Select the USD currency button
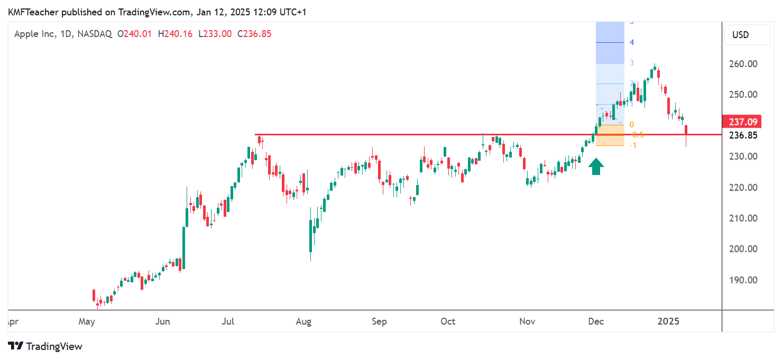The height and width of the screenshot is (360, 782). tap(740, 35)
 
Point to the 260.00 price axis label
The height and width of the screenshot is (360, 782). tap(743, 64)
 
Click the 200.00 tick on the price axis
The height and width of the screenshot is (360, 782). tap(743, 249)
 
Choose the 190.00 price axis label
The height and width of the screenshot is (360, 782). tap(743, 280)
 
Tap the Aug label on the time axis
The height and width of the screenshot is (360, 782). tap(303, 321)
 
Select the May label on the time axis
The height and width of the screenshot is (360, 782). tap(87, 321)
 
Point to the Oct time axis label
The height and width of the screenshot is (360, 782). tap(448, 321)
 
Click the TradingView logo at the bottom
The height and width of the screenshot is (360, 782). tap(45, 346)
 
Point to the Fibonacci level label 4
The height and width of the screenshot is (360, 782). tap(632, 42)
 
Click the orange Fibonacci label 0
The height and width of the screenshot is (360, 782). tap(631, 125)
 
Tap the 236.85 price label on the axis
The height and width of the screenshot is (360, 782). tap(743, 135)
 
